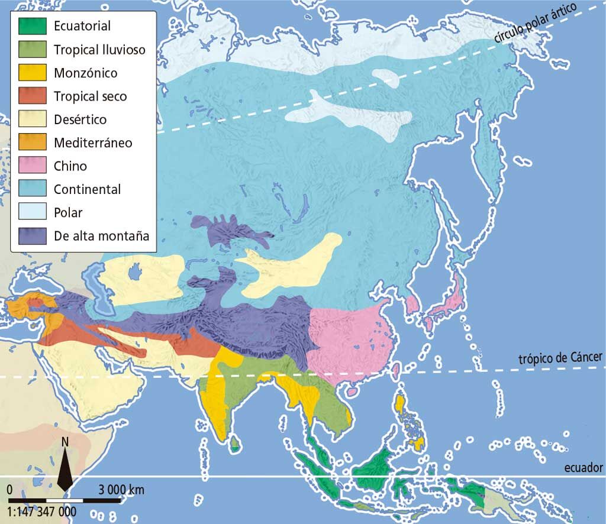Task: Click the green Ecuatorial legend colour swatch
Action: click(x=31, y=27)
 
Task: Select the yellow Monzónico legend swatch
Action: click(x=31, y=73)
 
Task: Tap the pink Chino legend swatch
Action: click(x=31, y=166)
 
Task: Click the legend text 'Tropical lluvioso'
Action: click(x=99, y=50)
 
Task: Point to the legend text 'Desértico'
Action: click(x=80, y=119)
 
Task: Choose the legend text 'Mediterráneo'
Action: click(x=93, y=143)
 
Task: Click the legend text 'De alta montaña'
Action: click(x=101, y=236)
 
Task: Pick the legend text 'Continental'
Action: click(x=87, y=189)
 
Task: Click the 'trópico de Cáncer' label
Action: click(x=560, y=358)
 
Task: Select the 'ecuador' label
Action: click(x=583, y=468)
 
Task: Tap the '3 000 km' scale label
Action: click(x=121, y=490)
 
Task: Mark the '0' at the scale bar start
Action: click(x=9, y=490)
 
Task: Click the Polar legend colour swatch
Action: click(x=31, y=213)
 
